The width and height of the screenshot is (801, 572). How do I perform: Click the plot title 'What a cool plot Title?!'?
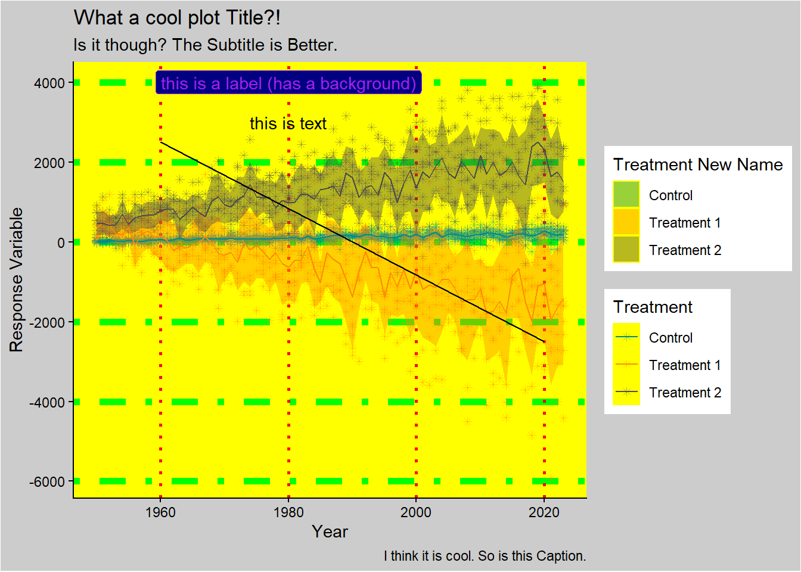tap(177, 18)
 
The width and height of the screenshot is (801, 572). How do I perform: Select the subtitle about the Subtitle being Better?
tap(205, 45)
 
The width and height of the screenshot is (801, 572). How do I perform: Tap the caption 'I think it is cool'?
tap(485, 556)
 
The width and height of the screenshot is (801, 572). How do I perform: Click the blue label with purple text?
tap(288, 83)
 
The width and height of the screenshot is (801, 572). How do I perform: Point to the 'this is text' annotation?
tap(288, 123)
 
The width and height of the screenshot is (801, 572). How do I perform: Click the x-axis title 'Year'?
tap(330, 531)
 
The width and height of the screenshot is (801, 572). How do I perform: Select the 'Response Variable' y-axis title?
tap(17, 279)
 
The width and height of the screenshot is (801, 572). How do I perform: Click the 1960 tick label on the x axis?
tap(160, 512)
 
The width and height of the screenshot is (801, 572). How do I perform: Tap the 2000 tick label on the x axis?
tap(416, 512)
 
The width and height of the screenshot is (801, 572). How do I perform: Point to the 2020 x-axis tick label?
tap(544, 512)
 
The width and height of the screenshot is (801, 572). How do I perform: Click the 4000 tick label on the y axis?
tap(49, 83)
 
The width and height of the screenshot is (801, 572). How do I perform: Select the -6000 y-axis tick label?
tap(46, 481)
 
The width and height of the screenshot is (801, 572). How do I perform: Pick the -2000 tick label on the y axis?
tap(46, 322)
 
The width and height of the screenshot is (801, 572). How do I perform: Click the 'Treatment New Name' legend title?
tap(698, 164)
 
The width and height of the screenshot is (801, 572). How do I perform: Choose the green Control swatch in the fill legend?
tap(626, 195)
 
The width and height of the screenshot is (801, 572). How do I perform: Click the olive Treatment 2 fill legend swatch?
tap(626, 250)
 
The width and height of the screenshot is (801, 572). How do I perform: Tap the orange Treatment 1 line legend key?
tap(626, 365)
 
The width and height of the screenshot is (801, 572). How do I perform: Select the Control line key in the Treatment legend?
tap(626, 337)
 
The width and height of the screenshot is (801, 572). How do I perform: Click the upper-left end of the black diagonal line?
tap(161, 142)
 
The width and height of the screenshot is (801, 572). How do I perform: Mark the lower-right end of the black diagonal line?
tap(544, 341)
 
